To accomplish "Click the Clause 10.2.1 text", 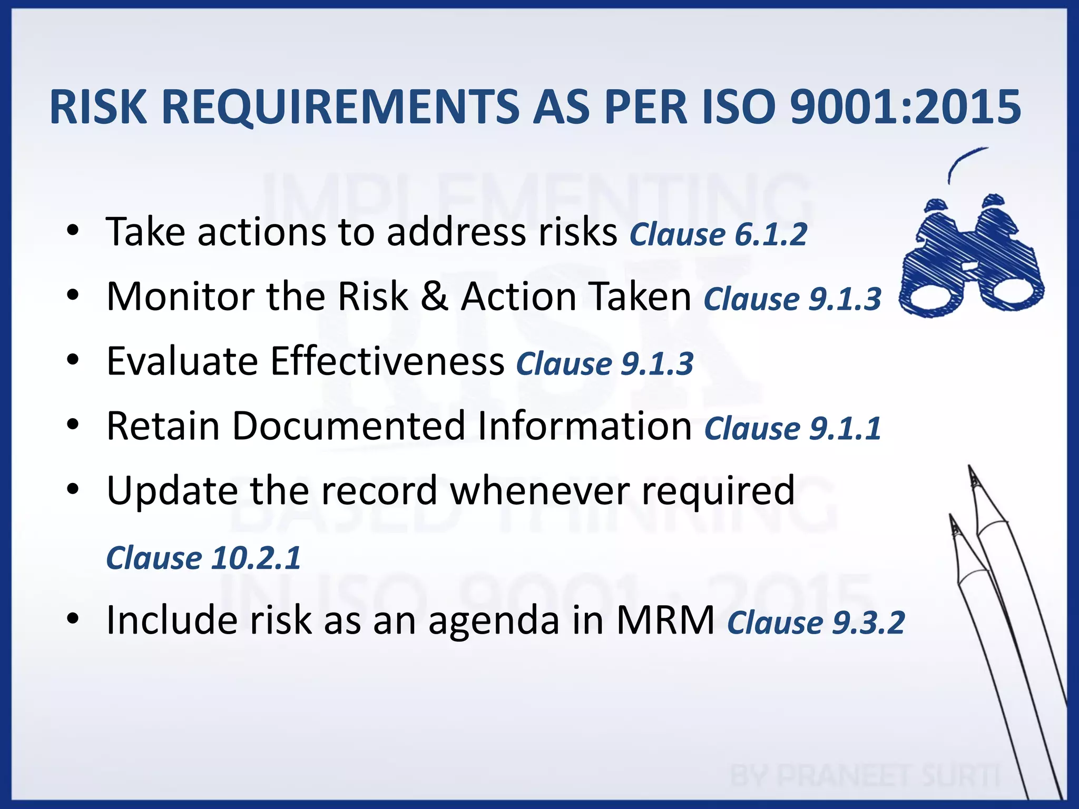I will (x=203, y=558).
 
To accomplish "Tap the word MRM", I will (x=665, y=620).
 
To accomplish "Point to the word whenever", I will (x=539, y=490).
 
